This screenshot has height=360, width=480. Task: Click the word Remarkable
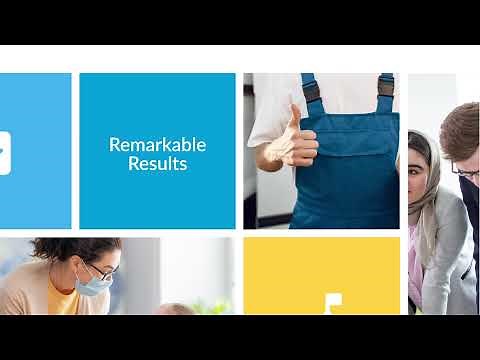point(157,144)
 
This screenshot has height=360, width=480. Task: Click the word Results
point(157,163)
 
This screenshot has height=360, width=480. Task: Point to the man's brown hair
point(461,125)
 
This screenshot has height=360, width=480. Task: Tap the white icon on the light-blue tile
point(4,152)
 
